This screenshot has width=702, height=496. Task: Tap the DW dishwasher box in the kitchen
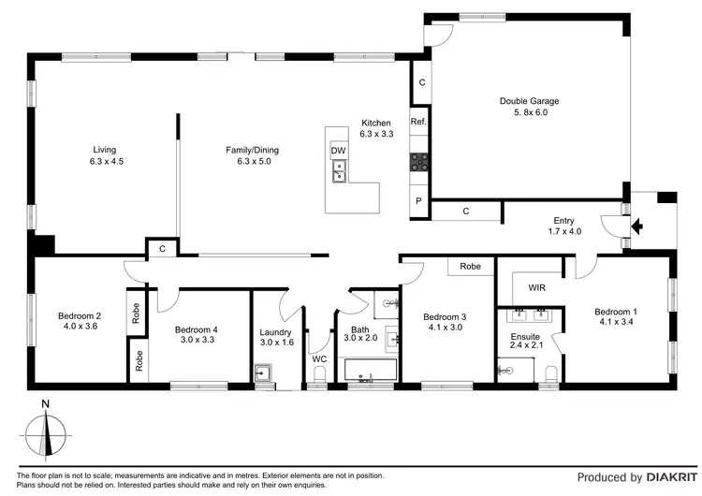click(338, 151)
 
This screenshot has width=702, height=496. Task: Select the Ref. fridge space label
click(418, 122)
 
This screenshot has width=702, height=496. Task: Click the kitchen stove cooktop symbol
click(418, 162)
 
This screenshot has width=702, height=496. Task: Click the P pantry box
click(418, 201)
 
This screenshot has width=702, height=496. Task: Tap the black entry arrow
click(637, 226)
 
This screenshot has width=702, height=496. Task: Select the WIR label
click(537, 288)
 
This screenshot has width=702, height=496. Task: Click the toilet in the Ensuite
click(550, 375)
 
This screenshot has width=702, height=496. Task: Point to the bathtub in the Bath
click(370, 376)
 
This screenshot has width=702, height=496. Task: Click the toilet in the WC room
click(319, 375)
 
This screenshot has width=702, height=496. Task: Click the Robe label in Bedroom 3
click(470, 267)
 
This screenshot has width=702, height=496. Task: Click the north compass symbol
click(48, 433)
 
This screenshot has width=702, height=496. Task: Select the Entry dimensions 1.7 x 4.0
click(562, 230)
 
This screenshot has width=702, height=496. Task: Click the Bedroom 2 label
click(79, 315)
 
